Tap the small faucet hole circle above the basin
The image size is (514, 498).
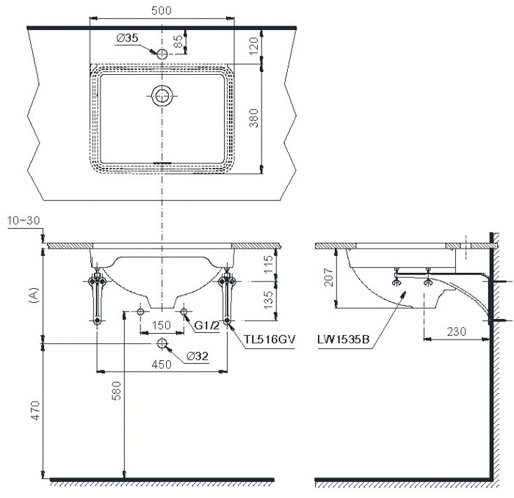[162, 53]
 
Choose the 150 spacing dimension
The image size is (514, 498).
[162, 326]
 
